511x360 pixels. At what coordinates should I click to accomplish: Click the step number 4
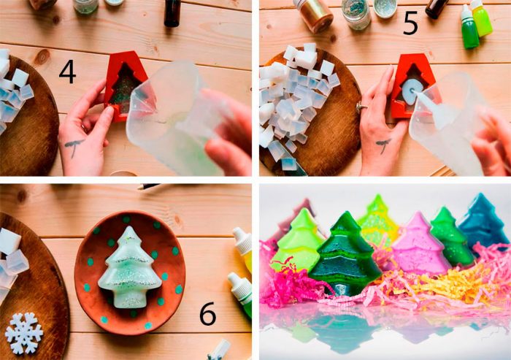point(67,72)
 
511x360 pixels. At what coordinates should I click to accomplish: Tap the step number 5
point(410,24)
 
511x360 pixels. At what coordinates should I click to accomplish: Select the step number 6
point(207,314)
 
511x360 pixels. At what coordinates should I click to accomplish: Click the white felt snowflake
point(24,333)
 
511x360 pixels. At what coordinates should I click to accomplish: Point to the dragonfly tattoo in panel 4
point(74,145)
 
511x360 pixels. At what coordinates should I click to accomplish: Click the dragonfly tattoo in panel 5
point(383,145)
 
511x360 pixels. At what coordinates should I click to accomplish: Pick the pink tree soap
point(418,243)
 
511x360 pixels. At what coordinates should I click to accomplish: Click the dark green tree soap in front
point(345,254)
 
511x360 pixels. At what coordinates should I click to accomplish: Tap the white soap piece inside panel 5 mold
point(411,92)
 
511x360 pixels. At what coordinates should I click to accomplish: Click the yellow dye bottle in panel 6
point(244,248)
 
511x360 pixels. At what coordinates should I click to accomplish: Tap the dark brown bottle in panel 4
point(173,12)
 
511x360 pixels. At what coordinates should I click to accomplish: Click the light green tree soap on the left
point(297,240)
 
